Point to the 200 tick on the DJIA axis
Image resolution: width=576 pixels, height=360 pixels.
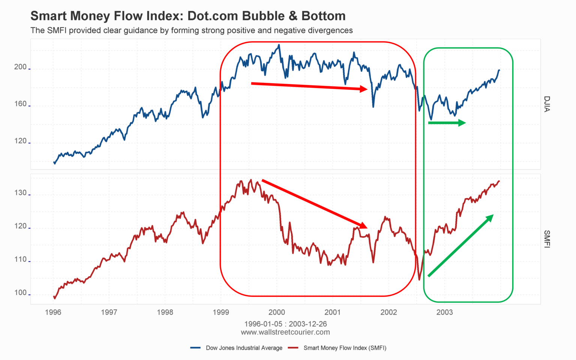[21, 67]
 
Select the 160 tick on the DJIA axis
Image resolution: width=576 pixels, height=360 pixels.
[21, 104]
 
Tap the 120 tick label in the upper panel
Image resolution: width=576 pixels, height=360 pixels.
[21, 141]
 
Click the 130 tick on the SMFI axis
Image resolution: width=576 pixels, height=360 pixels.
[21, 193]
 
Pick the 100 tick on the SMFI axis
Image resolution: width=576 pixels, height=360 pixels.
[21, 292]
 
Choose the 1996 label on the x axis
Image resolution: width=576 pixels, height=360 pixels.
[53, 312]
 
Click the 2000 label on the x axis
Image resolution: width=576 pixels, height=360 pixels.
[277, 312]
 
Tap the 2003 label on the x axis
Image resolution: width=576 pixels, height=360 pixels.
[444, 312]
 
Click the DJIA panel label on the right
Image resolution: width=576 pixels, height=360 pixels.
[547, 104]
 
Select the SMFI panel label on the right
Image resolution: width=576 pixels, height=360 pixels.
[547, 239]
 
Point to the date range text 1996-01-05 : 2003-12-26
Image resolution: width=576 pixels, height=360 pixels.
[285, 324]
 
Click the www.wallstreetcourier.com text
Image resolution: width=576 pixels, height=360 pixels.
[285, 332]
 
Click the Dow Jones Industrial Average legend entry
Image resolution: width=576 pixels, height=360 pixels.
[244, 348]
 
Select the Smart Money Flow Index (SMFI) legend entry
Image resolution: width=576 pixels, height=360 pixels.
[345, 348]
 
